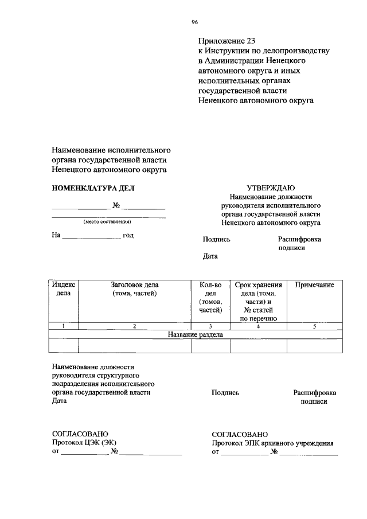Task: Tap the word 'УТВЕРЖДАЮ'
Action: [271, 188]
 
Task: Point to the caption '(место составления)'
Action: [107, 222]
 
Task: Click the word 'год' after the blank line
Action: [128, 235]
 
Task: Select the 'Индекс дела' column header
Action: [63, 288]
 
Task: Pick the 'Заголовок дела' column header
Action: [135, 288]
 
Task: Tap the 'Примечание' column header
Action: [314, 285]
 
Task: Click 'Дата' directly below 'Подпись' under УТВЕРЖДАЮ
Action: [210, 256]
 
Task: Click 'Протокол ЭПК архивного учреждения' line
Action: [272, 443]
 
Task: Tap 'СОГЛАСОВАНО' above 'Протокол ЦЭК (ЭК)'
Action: [80, 434]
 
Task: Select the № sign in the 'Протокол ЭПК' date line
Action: [275, 452]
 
